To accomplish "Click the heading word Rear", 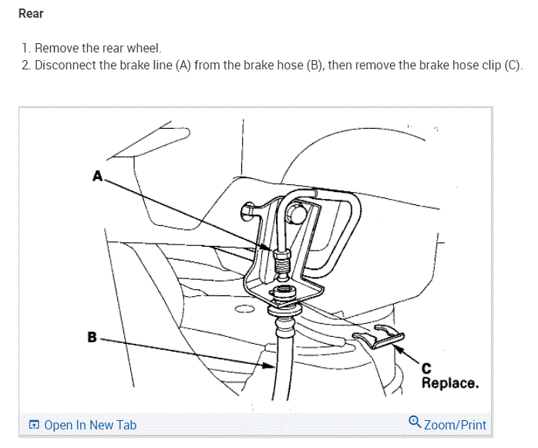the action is (x=31, y=14).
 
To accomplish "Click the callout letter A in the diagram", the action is (x=98, y=176).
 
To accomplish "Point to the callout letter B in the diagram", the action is (x=92, y=337).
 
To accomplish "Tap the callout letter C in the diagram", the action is (x=425, y=369).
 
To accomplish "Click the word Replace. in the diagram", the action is (x=449, y=382).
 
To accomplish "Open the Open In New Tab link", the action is (x=90, y=425).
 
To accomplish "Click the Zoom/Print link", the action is (x=455, y=425).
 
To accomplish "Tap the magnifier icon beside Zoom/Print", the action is (x=415, y=423).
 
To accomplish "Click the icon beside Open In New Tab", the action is (x=34, y=425).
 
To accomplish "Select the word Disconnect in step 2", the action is (x=65, y=65).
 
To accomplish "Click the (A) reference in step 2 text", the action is (x=183, y=65).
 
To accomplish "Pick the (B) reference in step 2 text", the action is (x=314, y=65).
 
